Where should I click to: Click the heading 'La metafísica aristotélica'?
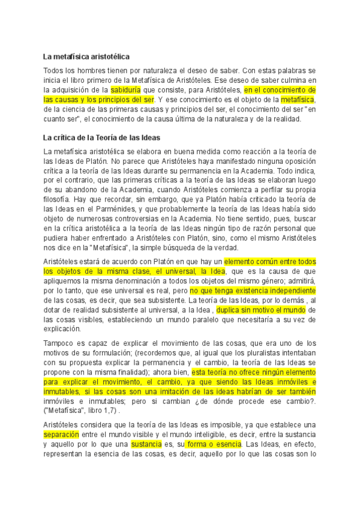pyautogui.click(x=86, y=57)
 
